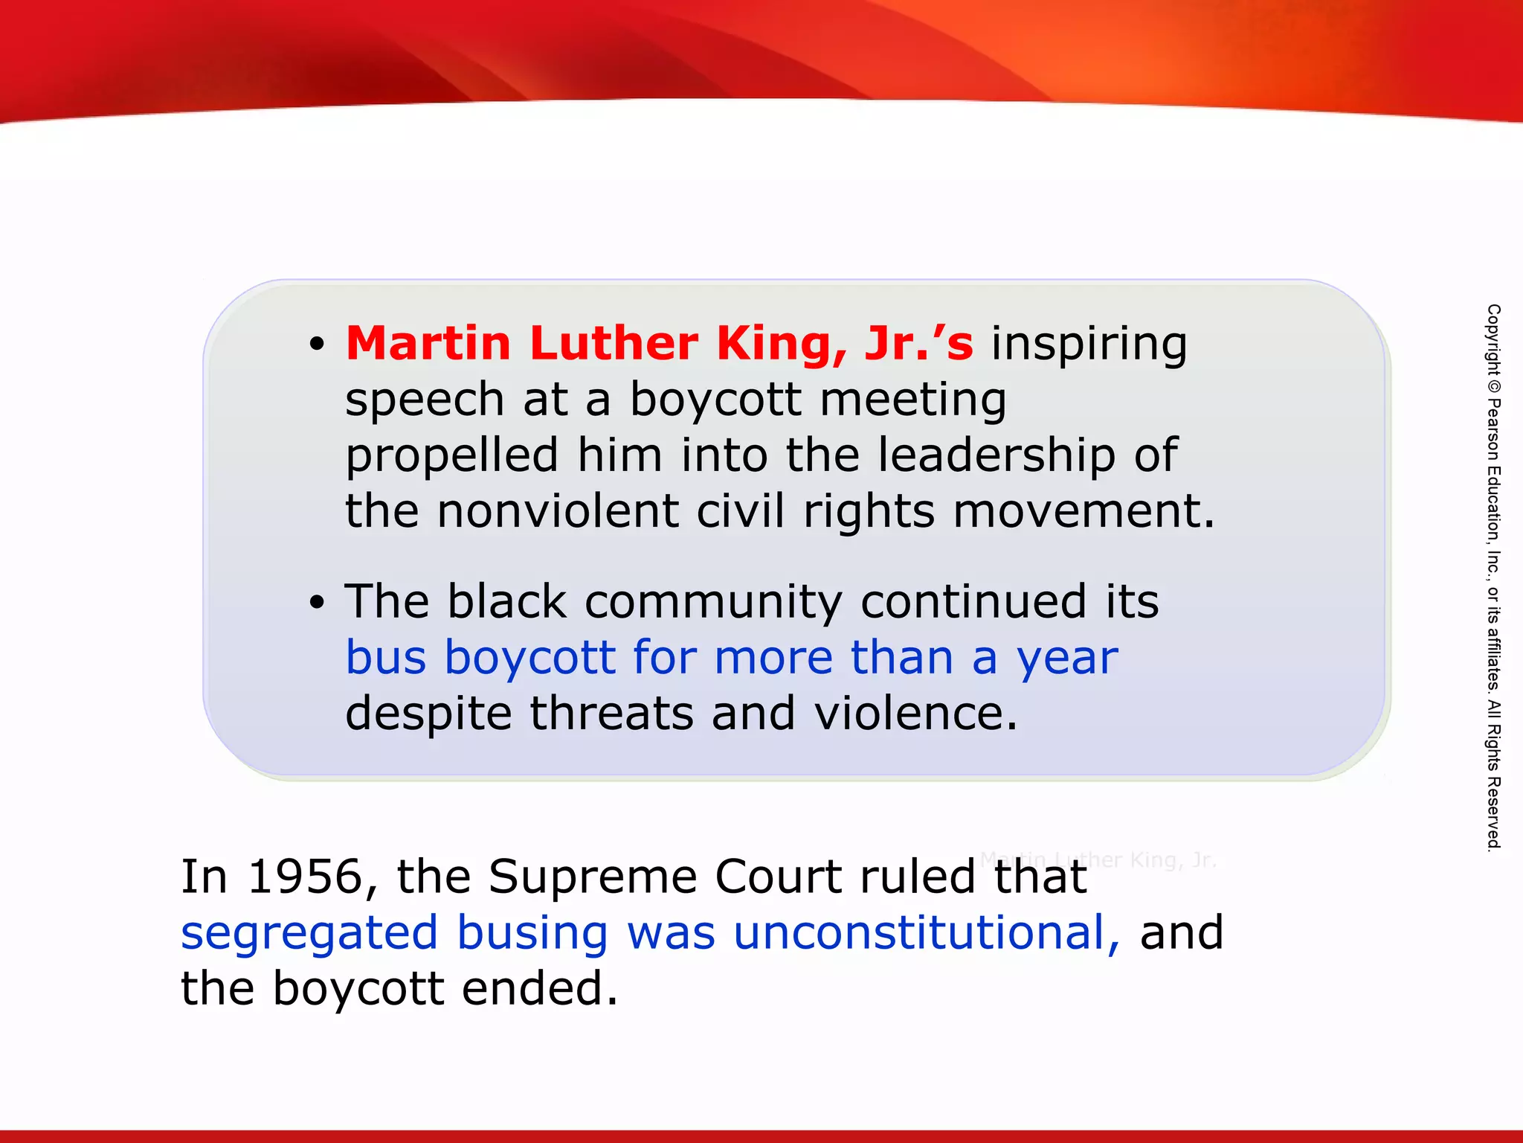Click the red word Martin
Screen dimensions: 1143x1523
pyautogui.click(x=428, y=344)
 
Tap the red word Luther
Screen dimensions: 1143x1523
pyautogui.click(x=614, y=344)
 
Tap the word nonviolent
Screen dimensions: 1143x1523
pyautogui.click(x=558, y=512)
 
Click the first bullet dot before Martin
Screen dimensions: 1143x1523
pyautogui.click(x=318, y=345)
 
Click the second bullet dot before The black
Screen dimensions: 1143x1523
pyautogui.click(x=318, y=603)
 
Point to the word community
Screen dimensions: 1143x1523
pyautogui.click(x=713, y=603)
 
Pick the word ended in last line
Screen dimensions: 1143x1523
pyautogui.click(x=540, y=989)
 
